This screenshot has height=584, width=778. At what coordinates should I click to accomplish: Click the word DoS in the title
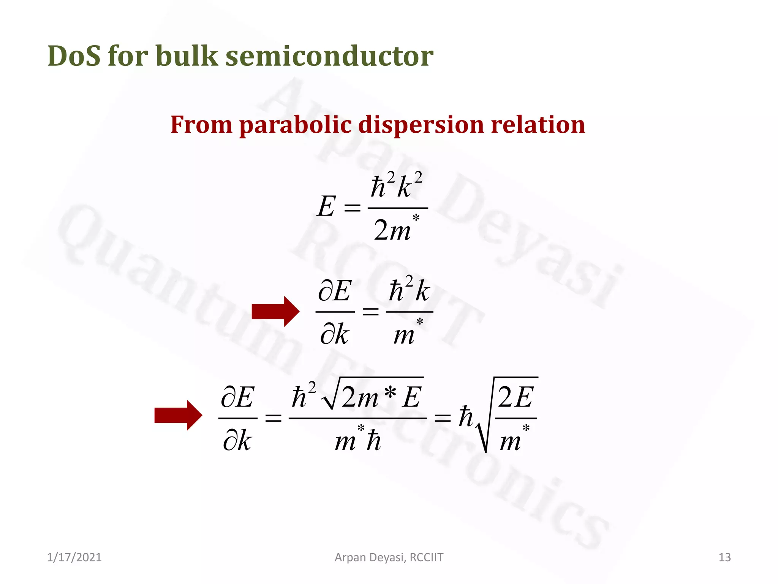click(74, 56)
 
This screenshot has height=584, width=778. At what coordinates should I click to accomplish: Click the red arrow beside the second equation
click(275, 312)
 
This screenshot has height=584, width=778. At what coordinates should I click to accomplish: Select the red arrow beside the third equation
click(178, 415)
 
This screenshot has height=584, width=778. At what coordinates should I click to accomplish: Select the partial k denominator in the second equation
click(334, 334)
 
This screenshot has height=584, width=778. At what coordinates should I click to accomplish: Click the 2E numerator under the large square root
click(516, 397)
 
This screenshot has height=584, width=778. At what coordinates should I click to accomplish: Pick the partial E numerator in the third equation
click(237, 397)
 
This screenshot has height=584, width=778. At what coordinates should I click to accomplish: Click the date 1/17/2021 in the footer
click(74, 557)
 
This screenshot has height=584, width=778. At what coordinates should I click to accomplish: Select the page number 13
click(724, 557)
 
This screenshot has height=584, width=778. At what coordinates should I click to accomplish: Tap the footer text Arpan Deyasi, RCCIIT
click(389, 557)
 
